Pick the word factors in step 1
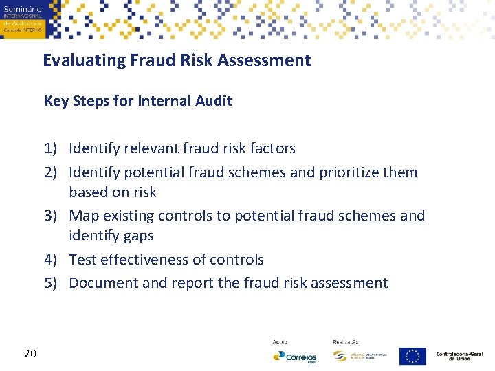tap(271, 148)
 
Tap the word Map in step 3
tap(84, 216)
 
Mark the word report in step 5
tap(194, 283)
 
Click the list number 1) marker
tap(54, 148)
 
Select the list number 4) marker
tap(54, 260)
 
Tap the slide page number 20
tap(30, 354)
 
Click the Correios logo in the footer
tap(294, 357)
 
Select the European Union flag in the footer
tap(412, 356)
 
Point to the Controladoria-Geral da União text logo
tap(459, 356)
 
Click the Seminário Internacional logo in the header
tap(22, 19)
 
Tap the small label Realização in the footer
tap(345, 341)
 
